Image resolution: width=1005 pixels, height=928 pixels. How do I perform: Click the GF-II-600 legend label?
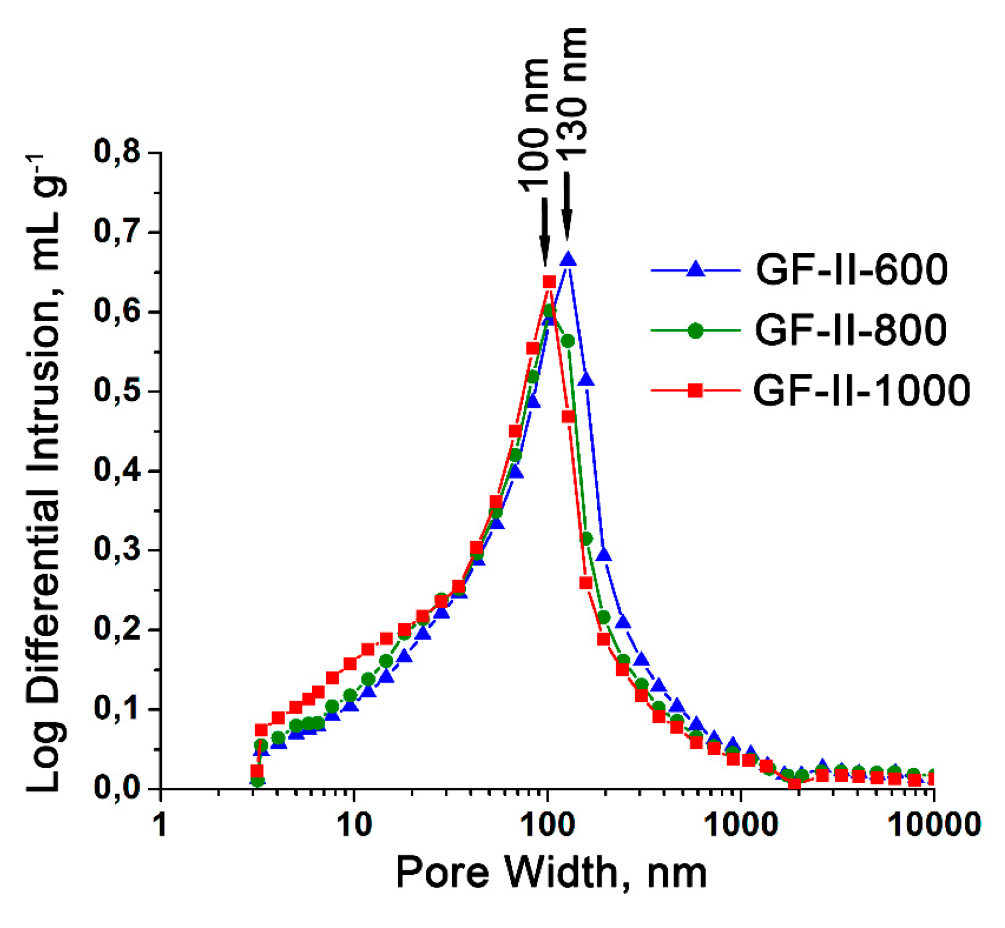(x=851, y=269)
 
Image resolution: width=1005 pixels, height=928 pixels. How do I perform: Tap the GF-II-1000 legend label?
(x=861, y=390)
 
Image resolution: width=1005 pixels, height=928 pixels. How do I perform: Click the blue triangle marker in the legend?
(x=695, y=269)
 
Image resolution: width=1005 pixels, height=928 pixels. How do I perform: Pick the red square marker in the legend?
(x=695, y=390)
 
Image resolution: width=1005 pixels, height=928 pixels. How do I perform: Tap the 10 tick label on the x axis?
(x=354, y=825)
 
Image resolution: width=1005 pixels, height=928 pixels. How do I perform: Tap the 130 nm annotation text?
(x=572, y=93)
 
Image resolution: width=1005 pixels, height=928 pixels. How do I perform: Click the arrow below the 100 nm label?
(x=544, y=232)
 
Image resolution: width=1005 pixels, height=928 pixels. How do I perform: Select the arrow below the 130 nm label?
(x=566, y=206)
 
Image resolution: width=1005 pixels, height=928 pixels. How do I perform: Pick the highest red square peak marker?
(x=549, y=282)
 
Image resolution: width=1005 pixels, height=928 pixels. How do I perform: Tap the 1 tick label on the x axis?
(x=161, y=825)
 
